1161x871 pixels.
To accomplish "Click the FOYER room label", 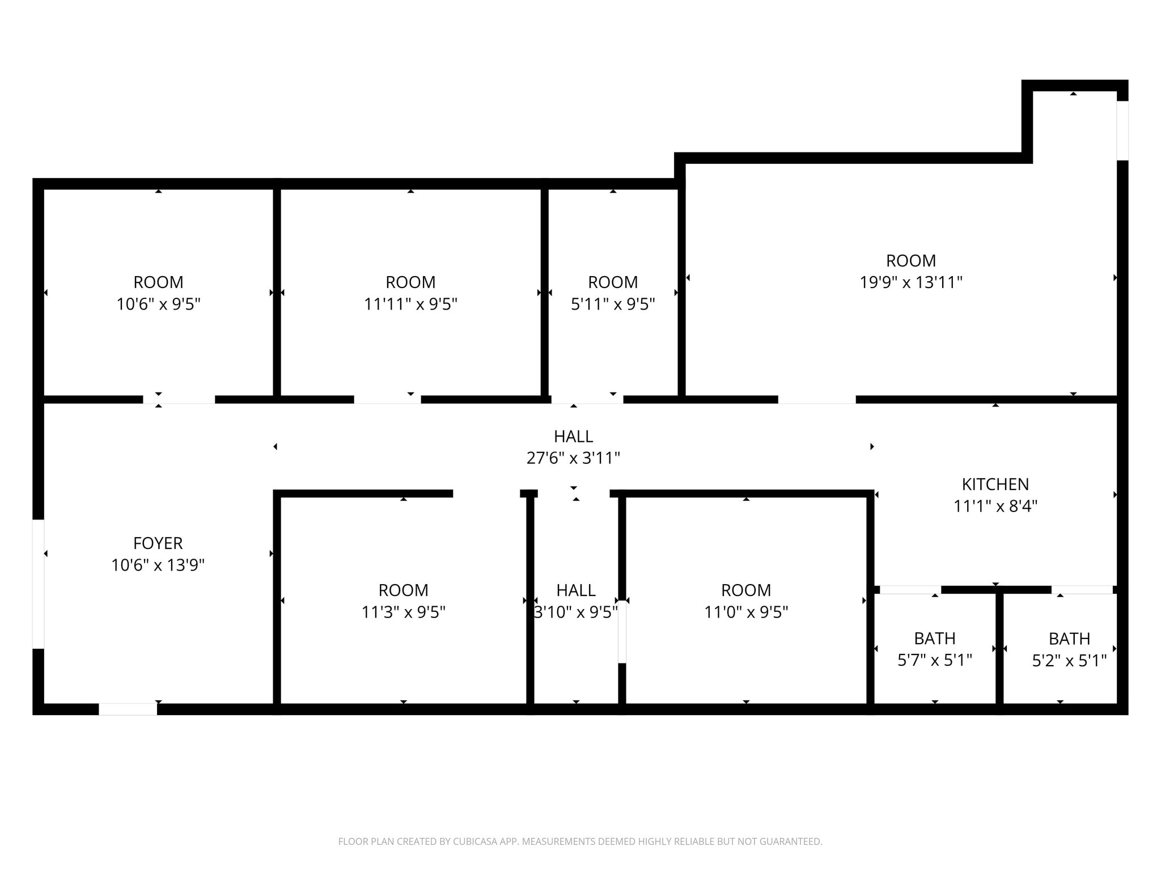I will (x=158, y=543).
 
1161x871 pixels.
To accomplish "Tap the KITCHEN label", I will (x=995, y=484).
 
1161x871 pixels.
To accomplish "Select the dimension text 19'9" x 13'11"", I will (x=911, y=282).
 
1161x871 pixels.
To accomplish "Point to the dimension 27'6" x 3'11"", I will (x=573, y=458).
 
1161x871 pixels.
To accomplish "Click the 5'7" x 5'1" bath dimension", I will (x=935, y=660).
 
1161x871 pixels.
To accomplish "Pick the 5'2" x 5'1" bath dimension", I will (x=1069, y=661).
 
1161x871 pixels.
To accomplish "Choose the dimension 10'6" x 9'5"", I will (x=158, y=305).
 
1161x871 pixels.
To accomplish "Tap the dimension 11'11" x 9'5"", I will (x=410, y=305).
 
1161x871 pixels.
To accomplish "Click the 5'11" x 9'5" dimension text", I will (x=613, y=305).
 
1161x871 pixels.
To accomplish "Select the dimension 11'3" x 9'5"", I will (x=403, y=612).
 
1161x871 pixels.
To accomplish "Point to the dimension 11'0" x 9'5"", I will (x=746, y=612).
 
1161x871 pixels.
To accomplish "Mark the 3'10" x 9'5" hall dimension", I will (x=576, y=612).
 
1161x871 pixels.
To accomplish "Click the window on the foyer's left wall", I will (x=38, y=584).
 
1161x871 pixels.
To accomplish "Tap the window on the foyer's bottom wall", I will (x=128, y=709).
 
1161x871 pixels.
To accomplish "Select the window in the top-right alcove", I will (x=1122, y=130).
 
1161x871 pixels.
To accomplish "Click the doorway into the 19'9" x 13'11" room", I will (x=816, y=400).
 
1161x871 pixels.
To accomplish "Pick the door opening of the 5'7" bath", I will (x=910, y=590).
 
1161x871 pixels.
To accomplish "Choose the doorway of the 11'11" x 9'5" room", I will (x=387, y=400).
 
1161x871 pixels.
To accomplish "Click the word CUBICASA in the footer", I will (x=474, y=842).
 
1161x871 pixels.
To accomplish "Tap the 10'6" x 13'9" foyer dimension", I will (x=158, y=565).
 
